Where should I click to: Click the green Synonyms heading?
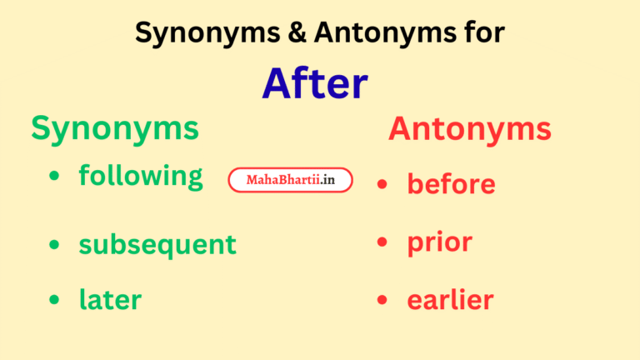click(x=115, y=128)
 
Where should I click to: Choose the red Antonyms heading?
click(x=469, y=128)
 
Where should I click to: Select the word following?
click(x=141, y=176)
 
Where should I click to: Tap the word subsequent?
click(x=157, y=245)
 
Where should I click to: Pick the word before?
click(x=451, y=184)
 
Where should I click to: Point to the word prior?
click(x=439, y=242)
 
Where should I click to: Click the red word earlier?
click(x=450, y=300)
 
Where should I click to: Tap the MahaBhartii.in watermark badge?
click(x=291, y=180)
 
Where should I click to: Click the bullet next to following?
click(x=54, y=177)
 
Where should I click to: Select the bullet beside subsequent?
click(x=54, y=245)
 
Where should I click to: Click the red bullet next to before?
click(x=382, y=184)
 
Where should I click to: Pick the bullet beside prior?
click(x=382, y=242)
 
